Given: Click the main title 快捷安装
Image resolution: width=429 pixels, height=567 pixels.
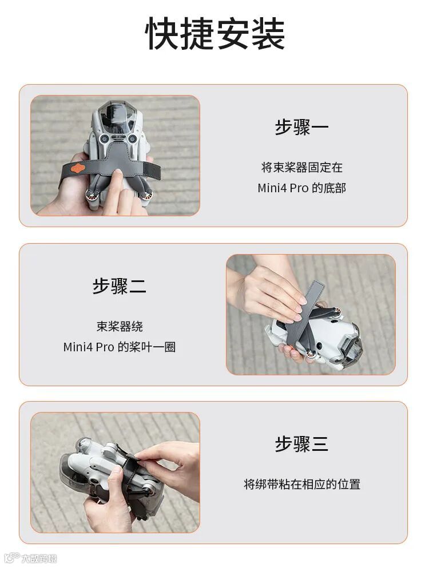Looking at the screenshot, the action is click(214, 34).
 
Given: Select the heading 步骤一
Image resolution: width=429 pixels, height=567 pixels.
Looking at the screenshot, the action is click(301, 127).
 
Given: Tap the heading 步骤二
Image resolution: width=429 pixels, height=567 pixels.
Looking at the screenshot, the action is click(120, 286).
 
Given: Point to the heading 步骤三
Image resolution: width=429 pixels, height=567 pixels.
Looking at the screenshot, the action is click(301, 443).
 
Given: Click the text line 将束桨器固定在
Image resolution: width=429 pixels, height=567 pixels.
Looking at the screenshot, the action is click(301, 167).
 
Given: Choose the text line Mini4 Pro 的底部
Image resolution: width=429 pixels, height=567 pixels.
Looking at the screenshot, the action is click(301, 188).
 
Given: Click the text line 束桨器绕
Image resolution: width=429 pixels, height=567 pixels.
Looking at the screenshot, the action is click(120, 326).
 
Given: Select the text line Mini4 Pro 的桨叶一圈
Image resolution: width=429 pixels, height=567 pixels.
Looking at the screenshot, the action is click(120, 347).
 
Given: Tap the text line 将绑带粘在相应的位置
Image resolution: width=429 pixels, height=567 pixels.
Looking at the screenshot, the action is click(302, 484).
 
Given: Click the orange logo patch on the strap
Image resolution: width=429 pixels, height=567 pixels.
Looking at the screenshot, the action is click(78, 168).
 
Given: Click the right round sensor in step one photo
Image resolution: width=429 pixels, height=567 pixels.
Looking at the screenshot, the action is click(132, 138).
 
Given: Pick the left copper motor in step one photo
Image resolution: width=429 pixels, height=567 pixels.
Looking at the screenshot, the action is click(90, 196).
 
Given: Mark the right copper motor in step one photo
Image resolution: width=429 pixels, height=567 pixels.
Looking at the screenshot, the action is click(147, 195).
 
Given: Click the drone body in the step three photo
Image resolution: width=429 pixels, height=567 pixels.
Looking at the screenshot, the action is click(109, 470).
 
